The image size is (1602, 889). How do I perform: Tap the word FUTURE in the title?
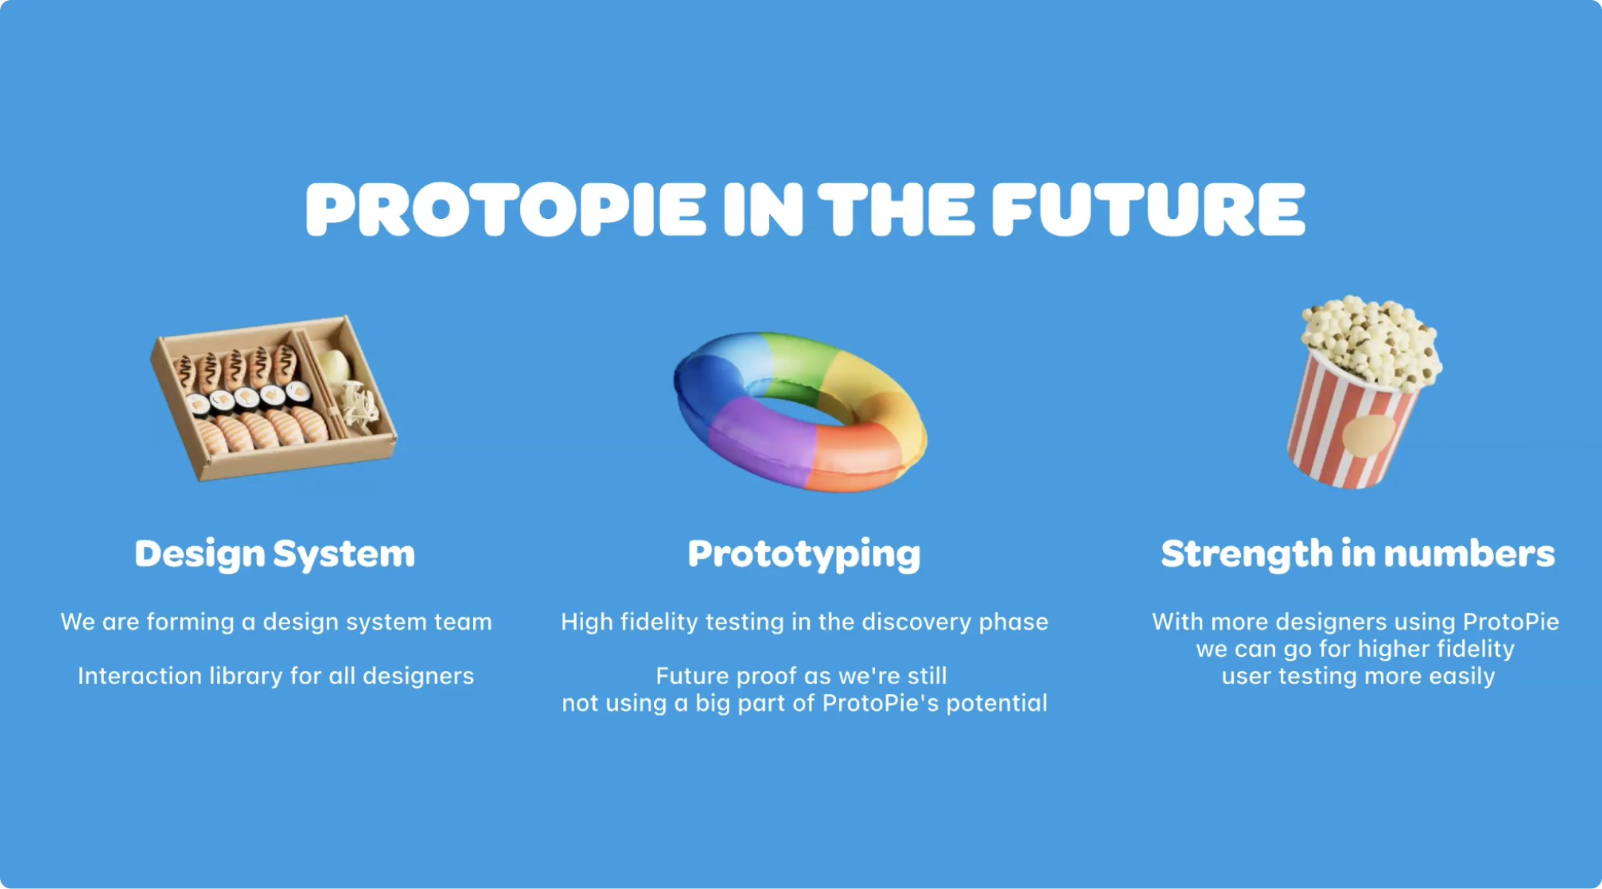[x=1148, y=209]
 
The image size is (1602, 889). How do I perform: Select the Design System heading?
[x=274, y=554]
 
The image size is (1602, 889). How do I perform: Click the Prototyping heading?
[x=804, y=554]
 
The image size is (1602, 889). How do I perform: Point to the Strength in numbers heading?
[x=1357, y=554]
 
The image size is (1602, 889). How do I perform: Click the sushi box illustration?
[x=274, y=398]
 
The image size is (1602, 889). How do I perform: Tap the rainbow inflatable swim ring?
[x=801, y=412]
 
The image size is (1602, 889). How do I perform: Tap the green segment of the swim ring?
[x=797, y=364]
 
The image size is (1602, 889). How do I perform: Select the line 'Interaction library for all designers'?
[x=276, y=676]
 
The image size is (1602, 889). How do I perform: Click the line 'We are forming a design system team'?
[x=276, y=622]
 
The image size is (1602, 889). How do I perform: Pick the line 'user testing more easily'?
[x=1358, y=677]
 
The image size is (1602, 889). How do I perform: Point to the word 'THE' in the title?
[x=896, y=209]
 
